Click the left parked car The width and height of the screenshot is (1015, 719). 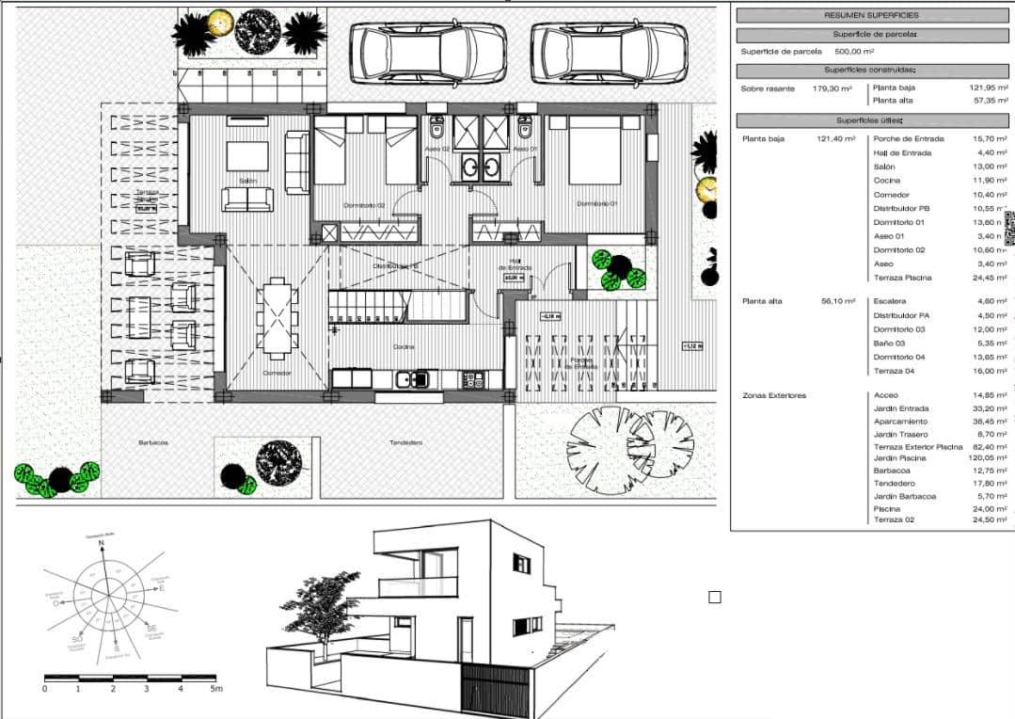427,53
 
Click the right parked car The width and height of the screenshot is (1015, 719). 609,53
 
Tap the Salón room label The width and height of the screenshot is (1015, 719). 247,181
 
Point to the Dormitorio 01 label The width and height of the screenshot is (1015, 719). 597,204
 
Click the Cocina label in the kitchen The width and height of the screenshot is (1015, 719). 404,347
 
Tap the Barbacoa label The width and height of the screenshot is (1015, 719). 152,442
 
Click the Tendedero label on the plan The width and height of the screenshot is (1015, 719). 405,442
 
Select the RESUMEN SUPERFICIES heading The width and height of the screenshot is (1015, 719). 871,15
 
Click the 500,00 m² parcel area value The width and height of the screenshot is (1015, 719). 829,52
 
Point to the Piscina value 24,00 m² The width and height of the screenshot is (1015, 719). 988,508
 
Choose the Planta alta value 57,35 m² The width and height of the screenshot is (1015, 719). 988,100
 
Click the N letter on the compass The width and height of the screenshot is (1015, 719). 102,544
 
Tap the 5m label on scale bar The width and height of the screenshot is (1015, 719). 216,689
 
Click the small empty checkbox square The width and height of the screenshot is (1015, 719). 714,597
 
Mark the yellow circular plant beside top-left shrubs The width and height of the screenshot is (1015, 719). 220,21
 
